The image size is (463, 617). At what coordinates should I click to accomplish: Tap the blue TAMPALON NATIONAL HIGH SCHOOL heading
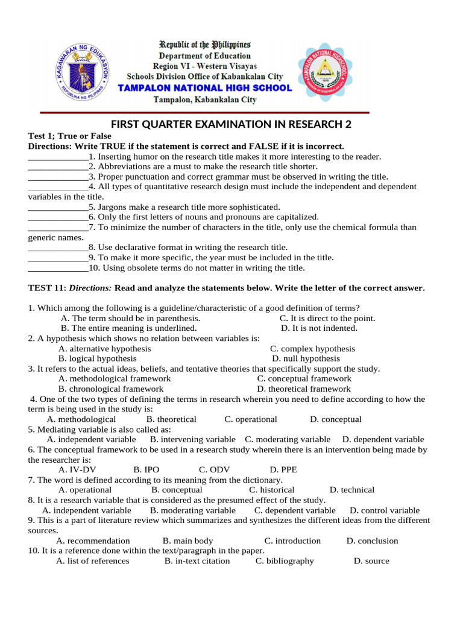click(x=204, y=88)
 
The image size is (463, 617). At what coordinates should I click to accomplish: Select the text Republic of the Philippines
click(x=204, y=45)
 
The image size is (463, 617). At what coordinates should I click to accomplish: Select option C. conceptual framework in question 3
click(x=304, y=379)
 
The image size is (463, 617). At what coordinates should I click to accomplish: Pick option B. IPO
click(x=146, y=470)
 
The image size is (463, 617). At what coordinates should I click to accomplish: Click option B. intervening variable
click(x=192, y=440)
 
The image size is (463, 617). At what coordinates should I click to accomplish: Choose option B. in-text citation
click(x=197, y=561)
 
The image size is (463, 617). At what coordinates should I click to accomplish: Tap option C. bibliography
click(x=285, y=561)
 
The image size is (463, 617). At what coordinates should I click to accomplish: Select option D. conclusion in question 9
click(x=372, y=541)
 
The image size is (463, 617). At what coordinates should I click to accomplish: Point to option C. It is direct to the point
click(x=327, y=318)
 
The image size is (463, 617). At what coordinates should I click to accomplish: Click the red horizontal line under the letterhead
click(x=204, y=113)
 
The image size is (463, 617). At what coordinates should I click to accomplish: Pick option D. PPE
click(x=283, y=470)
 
